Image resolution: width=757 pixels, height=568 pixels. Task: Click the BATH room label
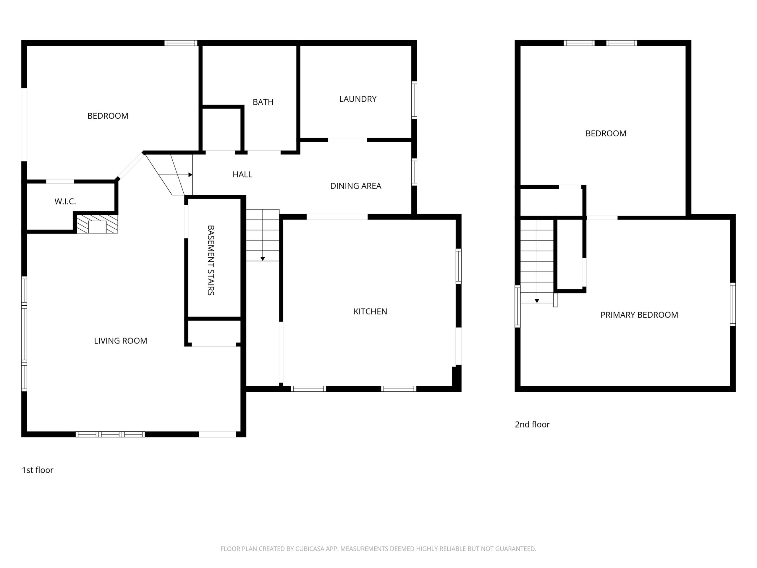(x=263, y=102)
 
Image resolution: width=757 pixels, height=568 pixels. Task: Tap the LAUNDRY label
(x=358, y=99)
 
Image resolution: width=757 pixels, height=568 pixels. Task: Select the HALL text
(x=242, y=174)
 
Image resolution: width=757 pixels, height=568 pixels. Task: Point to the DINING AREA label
(x=355, y=186)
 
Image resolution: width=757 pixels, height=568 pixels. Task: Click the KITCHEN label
(x=370, y=312)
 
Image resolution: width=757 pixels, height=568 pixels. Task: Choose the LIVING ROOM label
(x=120, y=341)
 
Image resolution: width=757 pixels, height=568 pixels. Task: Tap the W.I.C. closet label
(x=65, y=201)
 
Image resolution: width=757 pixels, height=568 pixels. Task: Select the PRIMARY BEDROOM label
(x=639, y=315)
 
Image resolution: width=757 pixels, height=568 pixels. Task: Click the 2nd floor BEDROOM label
(x=606, y=133)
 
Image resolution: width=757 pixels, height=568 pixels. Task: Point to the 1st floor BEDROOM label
(x=108, y=116)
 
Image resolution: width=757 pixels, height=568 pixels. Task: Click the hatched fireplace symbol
(x=97, y=224)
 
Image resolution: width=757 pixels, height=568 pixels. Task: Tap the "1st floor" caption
(x=38, y=470)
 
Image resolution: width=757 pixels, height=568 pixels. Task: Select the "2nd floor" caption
(x=532, y=425)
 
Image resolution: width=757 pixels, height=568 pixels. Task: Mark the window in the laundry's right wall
(x=414, y=100)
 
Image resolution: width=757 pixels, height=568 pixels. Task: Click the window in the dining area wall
(x=414, y=172)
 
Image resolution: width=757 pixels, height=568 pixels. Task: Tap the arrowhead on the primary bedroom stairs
(x=537, y=301)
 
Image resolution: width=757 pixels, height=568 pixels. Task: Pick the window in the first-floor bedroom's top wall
(x=181, y=43)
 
